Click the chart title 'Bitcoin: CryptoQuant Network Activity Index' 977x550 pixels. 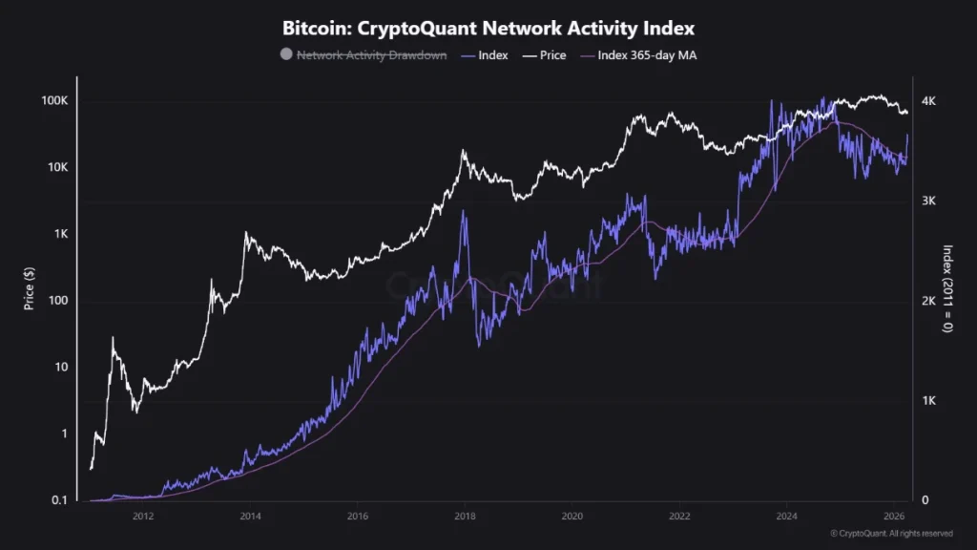click(x=488, y=28)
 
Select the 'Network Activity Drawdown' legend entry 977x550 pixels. click(x=371, y=55)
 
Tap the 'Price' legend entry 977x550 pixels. click(x=552, y=55)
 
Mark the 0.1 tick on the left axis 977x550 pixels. click(x=58, y=500)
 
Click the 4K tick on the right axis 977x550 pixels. click(x=928, y=101)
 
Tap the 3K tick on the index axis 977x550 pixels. click(x=928, y=201)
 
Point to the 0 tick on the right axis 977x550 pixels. click(x=924, y=500)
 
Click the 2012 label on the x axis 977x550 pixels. click(x=143, y=517)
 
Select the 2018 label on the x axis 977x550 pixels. click(x=465, y=517)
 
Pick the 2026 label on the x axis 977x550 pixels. click(x=893, y=517)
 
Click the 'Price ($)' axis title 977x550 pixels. click(x=30, y=286)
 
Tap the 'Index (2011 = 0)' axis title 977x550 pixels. click(x=948, y=286)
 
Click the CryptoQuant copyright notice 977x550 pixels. click(x=891, y=534)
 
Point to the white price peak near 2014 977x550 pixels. click(x=246, y=232)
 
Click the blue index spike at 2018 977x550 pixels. click(x=465, y=212)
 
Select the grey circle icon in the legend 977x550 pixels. click(x=286, y=55)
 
